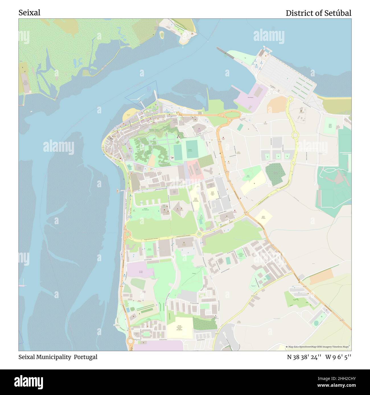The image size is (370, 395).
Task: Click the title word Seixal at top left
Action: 29,13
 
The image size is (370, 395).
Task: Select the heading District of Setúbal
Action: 318,13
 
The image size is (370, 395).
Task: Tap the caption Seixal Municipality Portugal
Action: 58,357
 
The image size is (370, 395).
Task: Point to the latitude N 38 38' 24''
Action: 304,357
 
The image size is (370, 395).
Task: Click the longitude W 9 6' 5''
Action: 338,357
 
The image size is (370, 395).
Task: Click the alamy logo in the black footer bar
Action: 28,382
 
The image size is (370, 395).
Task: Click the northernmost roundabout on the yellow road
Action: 290,99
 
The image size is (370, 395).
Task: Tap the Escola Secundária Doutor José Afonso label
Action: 179,328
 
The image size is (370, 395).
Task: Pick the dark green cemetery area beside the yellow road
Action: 275,174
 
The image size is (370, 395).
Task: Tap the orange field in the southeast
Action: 321,276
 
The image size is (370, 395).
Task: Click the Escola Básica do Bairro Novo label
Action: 213,194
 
